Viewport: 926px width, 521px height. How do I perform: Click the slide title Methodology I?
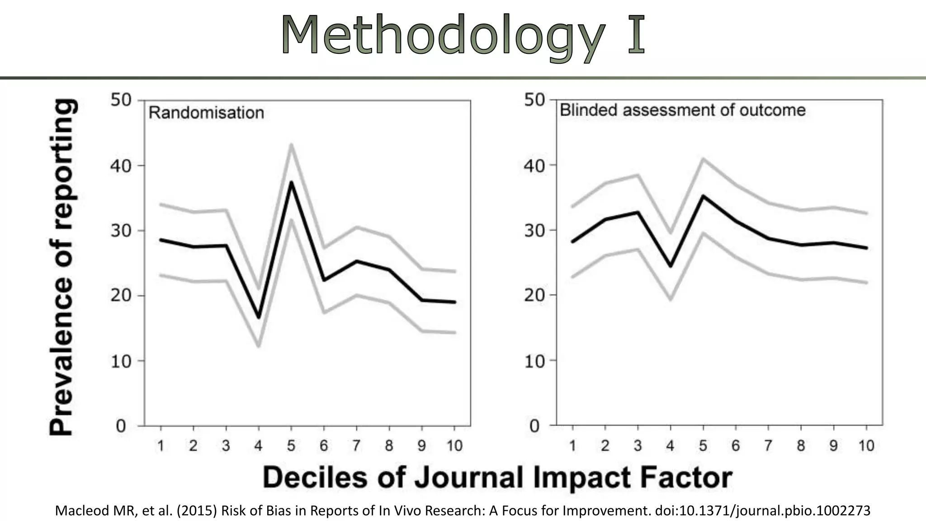463,35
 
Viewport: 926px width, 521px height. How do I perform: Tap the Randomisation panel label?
206,113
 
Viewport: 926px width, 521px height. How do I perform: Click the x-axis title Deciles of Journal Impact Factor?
497,478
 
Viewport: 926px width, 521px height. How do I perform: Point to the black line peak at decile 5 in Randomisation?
291,182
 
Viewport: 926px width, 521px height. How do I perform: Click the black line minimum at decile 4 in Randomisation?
259,317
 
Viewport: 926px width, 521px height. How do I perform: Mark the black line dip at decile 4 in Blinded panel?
671,266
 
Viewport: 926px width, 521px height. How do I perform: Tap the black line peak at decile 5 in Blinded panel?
703,196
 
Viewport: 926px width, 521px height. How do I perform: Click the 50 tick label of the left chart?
121,100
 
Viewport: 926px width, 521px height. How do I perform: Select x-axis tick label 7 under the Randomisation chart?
356,446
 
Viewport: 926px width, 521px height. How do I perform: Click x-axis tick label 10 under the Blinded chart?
866,446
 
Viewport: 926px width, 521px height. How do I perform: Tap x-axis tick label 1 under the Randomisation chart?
161,446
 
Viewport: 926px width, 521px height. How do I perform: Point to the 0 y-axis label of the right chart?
534,426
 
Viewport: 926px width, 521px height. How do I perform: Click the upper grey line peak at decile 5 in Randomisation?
291,145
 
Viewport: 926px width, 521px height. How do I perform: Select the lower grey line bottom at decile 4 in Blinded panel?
671,299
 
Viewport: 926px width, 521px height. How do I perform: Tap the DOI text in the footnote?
762,511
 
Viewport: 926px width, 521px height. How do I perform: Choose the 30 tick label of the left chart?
121,231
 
